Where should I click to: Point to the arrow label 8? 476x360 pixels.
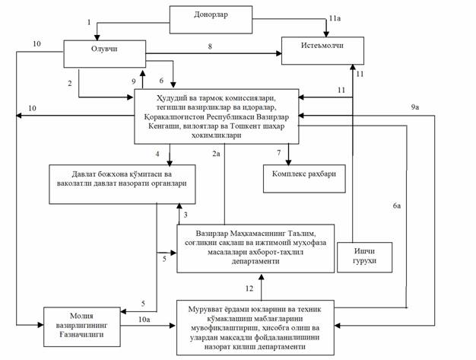coord(210,47)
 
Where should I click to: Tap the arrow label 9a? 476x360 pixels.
coord(414,107)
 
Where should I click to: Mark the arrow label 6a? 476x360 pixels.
coord(397,205)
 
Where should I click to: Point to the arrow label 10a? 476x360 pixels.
coord(144,317)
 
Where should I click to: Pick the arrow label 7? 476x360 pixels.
coord(278,154)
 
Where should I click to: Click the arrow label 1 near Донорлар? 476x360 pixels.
coord(89,23)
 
